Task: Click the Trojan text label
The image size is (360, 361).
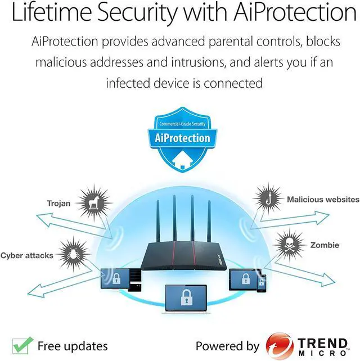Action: point(59,203)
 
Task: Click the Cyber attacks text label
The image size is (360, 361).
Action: point(27,255)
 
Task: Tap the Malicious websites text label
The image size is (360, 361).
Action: point(323,199)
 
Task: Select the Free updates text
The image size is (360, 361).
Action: point(72,345)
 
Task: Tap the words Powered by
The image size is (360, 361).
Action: point(227,346)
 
